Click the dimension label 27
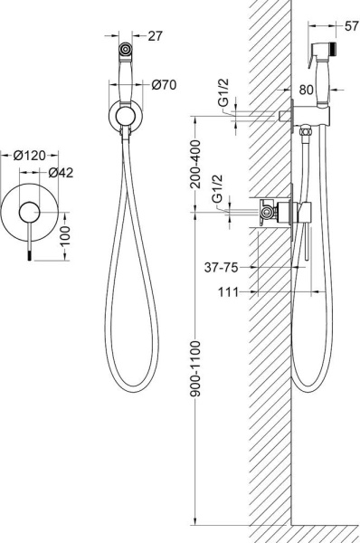155,35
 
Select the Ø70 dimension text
164,84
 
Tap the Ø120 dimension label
30,156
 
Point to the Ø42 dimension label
61,173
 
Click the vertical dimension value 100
65,236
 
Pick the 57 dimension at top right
352,26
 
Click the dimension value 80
306,90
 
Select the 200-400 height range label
195,164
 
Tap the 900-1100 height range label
195,368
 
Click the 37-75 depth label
222,267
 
